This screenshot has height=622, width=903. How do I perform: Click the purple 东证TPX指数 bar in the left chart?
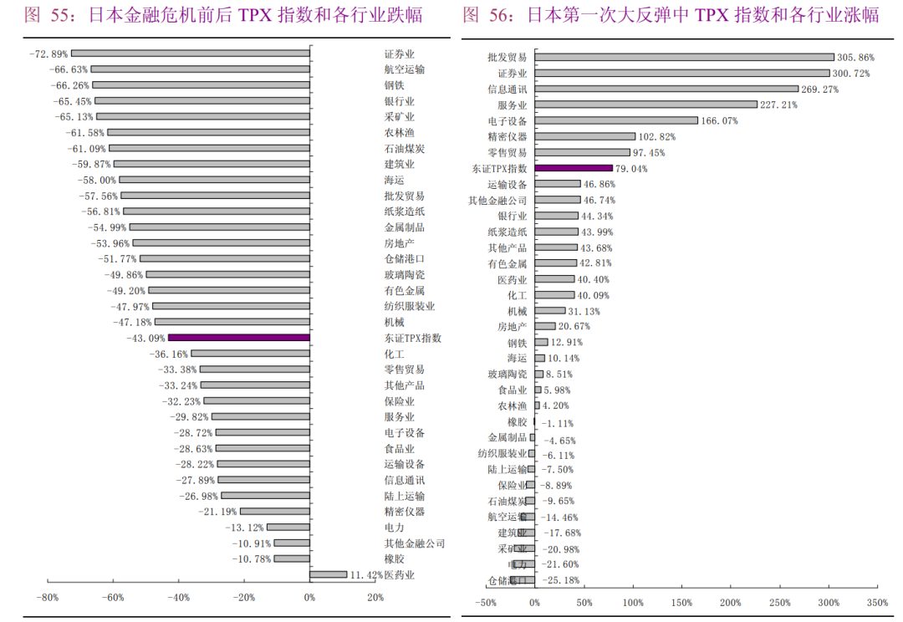point(238,338)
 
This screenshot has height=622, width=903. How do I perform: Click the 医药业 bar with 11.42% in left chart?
point(328,574)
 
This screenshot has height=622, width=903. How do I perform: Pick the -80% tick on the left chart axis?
point(47,598)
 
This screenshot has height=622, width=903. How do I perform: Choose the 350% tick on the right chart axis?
point(877,603)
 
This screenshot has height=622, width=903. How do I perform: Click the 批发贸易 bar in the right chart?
point(684,58)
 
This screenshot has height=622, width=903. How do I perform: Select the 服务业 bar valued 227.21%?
point(645,105)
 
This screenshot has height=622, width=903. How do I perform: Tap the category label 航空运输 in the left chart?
point(404,69)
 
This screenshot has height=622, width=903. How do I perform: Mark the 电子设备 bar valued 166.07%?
point(616,120)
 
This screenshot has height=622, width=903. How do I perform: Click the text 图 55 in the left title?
point(43,15)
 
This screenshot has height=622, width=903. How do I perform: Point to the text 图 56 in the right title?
point(481,15)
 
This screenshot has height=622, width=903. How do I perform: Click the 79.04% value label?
point(632,169)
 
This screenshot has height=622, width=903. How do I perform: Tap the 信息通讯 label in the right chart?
point(508,89)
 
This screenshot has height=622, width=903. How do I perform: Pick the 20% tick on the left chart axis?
point(375,598)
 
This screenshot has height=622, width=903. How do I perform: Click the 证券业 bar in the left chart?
point(191,54)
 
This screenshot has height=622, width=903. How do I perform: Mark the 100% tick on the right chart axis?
point(632,603)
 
